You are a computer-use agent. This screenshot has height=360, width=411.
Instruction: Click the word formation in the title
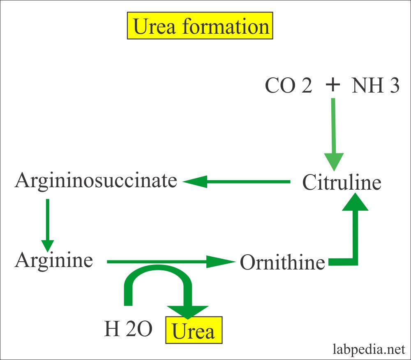coord(226,27)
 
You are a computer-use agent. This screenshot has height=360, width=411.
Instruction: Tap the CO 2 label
coord(288,86)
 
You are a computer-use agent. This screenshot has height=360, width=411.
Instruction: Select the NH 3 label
coord(375,86)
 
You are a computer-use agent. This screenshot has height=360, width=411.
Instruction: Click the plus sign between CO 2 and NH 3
coord(333,85)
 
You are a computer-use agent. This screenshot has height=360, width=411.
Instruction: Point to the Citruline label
coord(342,183)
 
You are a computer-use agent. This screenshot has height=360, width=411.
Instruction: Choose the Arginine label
coord(54,260)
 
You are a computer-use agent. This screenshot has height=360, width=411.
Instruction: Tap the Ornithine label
coord(282,262)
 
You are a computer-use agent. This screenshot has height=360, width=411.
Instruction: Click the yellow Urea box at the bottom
coord(193,330)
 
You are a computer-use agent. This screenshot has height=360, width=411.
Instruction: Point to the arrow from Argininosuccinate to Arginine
coord(48,224)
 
